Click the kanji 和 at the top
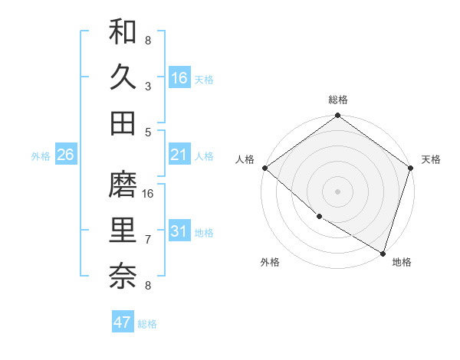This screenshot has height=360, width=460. (x=123, y=31)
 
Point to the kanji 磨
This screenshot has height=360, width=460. (x=123, y=185)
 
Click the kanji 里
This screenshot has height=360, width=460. (x=123, y=231)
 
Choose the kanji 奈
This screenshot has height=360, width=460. (x=123, y=277)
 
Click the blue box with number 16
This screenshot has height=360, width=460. (x=179, y=78)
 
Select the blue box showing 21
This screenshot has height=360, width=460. (x=179, y=155)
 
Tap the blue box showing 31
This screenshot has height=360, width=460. (x=179, y=232)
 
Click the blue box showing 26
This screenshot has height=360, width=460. (x=65, y=155)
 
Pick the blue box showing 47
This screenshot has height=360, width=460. (x=123, y=322)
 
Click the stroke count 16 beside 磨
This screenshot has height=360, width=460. (x=149, y=193)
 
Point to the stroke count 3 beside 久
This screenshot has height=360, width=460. (x=148, y=86)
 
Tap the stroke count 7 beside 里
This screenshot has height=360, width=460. (x=148, y=240)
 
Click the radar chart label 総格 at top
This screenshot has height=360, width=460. (x=337, y=100)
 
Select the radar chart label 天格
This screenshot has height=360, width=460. (x=431, y=159)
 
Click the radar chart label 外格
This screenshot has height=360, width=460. (x=270, y=262)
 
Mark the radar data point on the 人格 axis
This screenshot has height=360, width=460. (x=264, y=168)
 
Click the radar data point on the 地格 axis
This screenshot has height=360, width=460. (x=383, y=253)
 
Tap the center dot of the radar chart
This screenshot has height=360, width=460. (x=337, y=191)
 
